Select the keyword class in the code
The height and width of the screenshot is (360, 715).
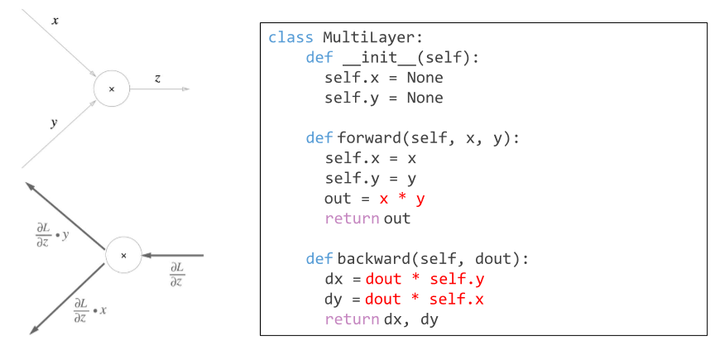pos(290,38)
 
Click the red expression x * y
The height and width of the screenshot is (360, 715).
pos(402,199)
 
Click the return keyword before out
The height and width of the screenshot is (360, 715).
pos(353,218)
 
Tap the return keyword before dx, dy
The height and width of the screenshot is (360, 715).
pos(353,319)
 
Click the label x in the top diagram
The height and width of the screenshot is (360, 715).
pos(55,20)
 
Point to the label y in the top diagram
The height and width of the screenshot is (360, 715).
pos(55,122)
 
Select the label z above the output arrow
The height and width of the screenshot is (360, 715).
pos(158,78)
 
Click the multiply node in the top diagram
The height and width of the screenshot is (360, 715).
pos(112,89)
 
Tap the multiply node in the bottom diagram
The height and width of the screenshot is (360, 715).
pos(123,255)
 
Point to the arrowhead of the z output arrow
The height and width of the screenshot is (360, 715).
pos(186,89)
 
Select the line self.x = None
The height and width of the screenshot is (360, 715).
pos(383,78)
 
